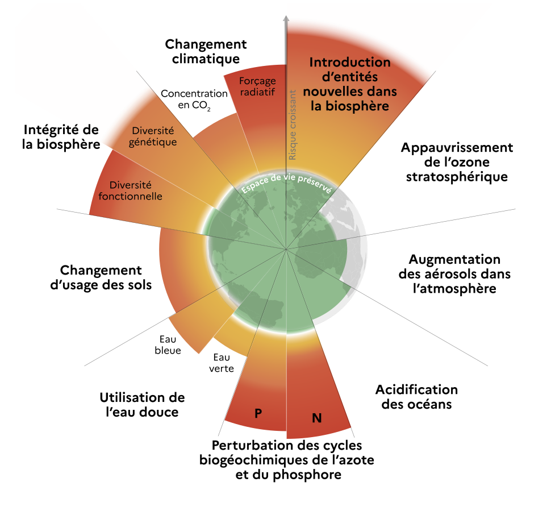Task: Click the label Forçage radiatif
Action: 257,86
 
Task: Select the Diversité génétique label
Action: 152,136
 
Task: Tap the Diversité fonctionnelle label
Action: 135,190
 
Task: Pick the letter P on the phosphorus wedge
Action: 258,413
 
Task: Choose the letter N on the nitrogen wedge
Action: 317,418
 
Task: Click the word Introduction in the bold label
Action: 350,62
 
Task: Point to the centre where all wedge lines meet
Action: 286,249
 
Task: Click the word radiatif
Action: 257,92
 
